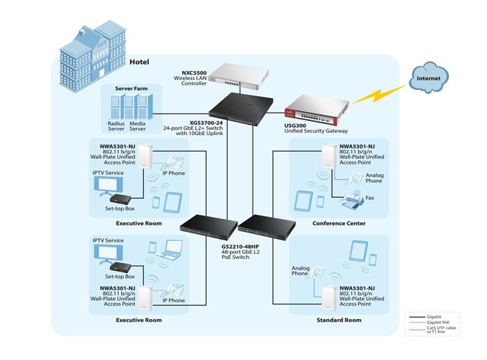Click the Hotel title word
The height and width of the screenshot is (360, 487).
point(141,62)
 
